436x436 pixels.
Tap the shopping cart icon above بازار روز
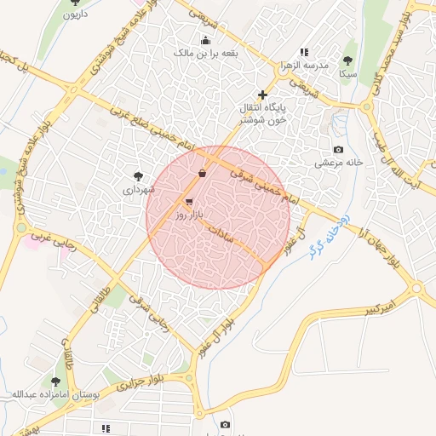[188, 202]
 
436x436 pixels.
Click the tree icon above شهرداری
[138, 174]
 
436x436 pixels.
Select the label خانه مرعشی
[338, 162]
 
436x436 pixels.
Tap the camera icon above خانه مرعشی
[338, 150]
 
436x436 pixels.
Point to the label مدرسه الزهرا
[303, 66]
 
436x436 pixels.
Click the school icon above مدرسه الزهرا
[304, 53]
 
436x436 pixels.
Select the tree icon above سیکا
[347, 60]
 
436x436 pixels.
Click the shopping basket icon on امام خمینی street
[202, 174]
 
